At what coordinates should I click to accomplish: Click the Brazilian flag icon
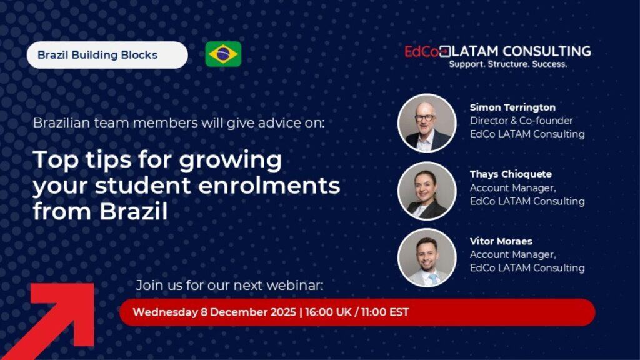coord(223,54)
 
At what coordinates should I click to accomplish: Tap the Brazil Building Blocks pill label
coord(107,55)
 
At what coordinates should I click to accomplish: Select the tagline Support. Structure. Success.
coord(508,64)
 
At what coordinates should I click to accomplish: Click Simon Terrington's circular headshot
coord(427,123)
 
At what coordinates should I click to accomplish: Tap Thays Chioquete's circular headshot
coord(427,191)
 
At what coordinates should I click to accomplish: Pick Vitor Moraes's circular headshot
coord(427,257)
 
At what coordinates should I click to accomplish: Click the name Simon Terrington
coord(512,107)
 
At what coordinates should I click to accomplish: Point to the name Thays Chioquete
coord(511,174)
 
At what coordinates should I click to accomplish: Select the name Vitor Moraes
coord(501,241)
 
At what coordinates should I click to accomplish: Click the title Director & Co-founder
coord(521,121)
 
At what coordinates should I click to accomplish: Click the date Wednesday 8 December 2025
coord(214,312)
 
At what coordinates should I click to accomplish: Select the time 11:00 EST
coord(385,312)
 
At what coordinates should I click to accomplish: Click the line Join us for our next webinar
coord(229,285)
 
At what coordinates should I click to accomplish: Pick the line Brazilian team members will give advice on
coord(179,123)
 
